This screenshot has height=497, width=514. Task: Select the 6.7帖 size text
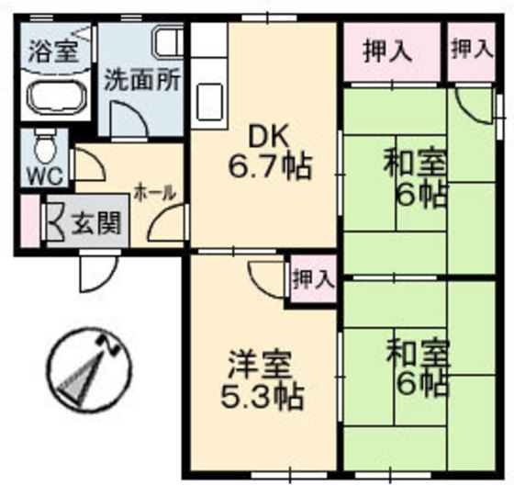[x=269, y=167]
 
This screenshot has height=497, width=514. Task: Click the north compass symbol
[x=88, y=367]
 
